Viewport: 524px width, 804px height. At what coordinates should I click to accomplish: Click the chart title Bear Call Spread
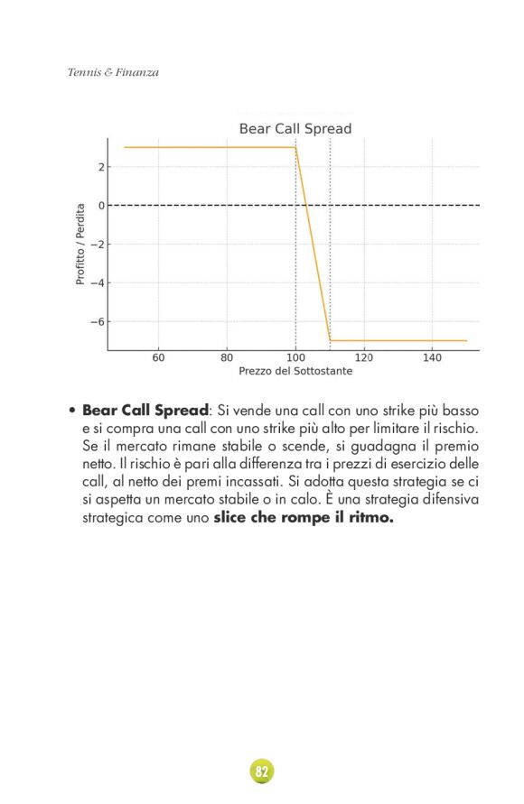(295, 129)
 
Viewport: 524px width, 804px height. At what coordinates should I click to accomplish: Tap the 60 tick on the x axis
(159, 358)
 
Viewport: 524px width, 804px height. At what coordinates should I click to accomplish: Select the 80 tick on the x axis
(227, 358)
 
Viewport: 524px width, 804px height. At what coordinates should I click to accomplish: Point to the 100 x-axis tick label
(295, 358)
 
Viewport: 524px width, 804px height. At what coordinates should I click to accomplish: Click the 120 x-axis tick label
(364, 358)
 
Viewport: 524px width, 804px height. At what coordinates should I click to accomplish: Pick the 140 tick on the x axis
(432, 358)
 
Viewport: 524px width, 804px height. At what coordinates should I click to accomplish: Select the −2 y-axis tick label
(98, 245)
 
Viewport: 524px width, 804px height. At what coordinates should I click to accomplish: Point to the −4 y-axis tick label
(98, 283)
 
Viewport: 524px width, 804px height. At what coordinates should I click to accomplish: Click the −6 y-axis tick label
(98, 322)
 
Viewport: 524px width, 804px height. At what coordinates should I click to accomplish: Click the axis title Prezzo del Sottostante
(295, 372)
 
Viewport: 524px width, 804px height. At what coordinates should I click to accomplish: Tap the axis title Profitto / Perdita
(80, 244)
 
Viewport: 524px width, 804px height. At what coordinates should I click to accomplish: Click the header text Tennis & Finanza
(113, 72)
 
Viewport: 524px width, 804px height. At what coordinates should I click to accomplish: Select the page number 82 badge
(262, 772)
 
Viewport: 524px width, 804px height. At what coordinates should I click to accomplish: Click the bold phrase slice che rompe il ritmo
(304, 518)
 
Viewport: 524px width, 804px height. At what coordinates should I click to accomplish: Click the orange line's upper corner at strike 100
(295, 147)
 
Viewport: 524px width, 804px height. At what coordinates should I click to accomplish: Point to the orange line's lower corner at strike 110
(330, 340)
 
